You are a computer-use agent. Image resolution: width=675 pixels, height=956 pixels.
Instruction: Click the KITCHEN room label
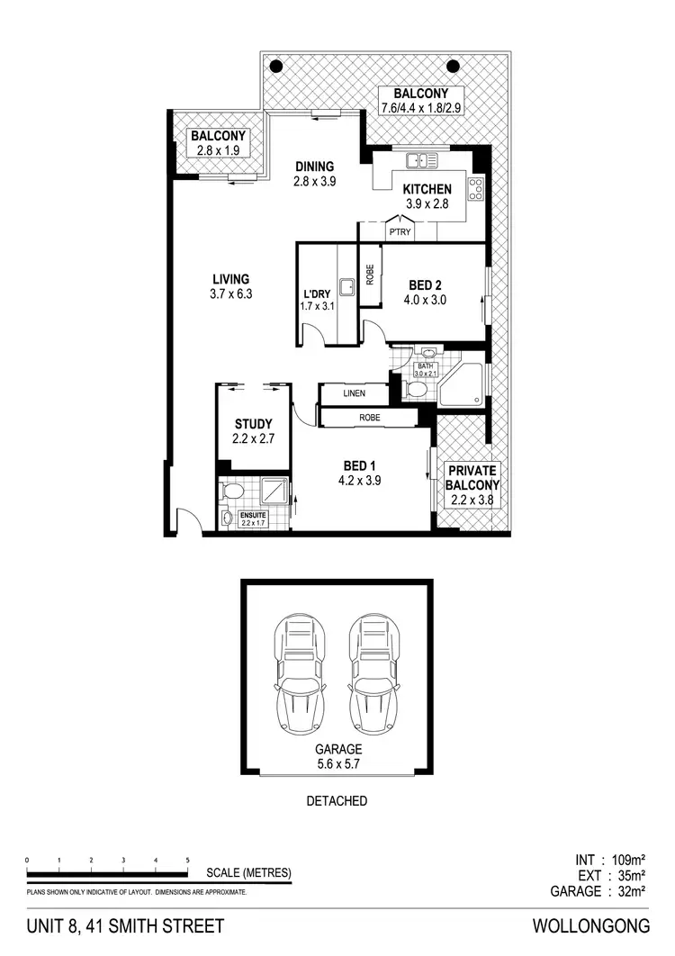427,189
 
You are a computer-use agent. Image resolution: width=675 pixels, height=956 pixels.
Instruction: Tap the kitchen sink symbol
420,161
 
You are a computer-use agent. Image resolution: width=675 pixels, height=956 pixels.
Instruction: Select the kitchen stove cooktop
475,189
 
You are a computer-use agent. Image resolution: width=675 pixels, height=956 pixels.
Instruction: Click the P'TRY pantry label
399,232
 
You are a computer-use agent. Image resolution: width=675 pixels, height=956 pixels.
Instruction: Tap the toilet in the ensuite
231,492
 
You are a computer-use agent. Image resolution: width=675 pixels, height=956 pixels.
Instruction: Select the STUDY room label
254,424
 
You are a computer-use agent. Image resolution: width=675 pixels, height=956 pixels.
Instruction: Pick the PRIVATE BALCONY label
472,477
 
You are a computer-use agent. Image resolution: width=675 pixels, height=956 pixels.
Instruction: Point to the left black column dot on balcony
277,65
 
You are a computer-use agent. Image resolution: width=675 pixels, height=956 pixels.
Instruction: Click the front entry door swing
189,522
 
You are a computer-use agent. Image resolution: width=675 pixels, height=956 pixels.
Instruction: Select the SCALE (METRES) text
247,872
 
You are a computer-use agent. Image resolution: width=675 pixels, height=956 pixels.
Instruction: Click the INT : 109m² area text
603,859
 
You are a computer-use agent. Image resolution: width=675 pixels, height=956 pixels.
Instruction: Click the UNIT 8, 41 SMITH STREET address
125,925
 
